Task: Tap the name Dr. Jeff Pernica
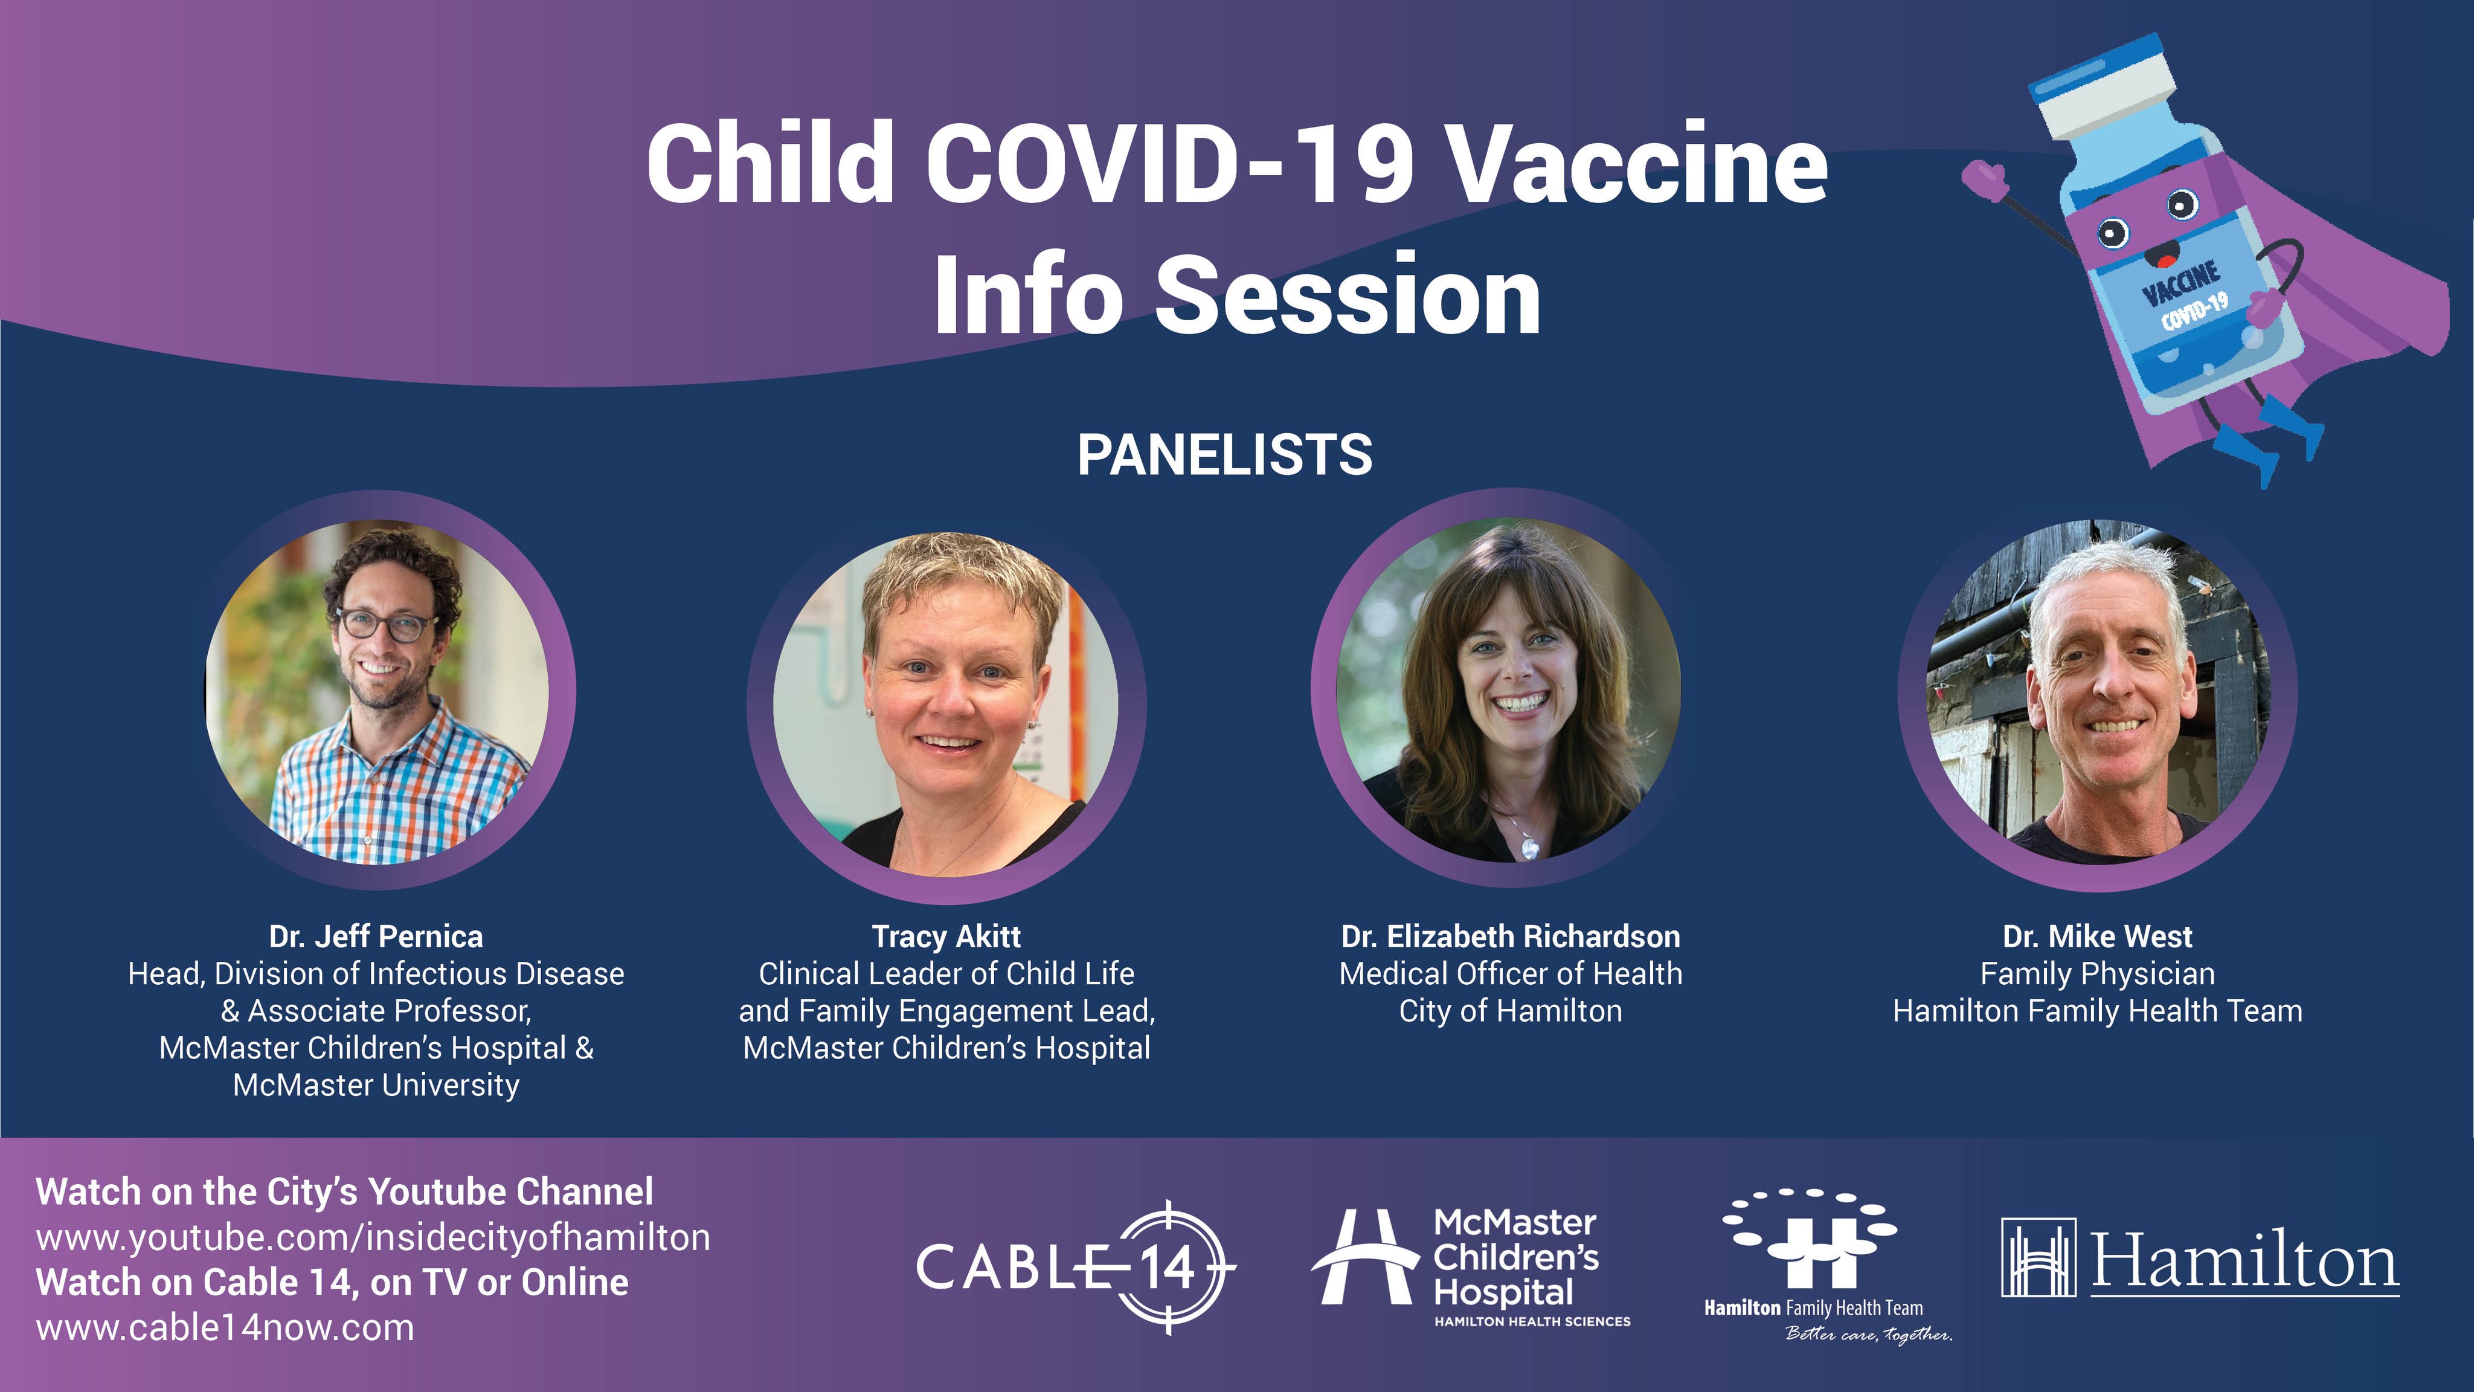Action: [x=376, y=936]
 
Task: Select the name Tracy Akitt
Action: [x=946, y=936]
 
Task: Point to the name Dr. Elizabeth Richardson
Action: [x=1511, y=936]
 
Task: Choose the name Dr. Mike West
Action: [x=2098, y=936]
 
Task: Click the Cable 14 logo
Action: [x=1076, y=1266]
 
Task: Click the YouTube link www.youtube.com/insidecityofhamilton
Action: [x=374, y=1237]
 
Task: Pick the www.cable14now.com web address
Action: [x=226, y=1327]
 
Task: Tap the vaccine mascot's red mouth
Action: [x=2163, y=256]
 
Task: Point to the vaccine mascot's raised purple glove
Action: [x=1985, y=181]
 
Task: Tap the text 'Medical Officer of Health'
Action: [x=1511, y=973]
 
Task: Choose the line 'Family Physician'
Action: [x=2098, y=974]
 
